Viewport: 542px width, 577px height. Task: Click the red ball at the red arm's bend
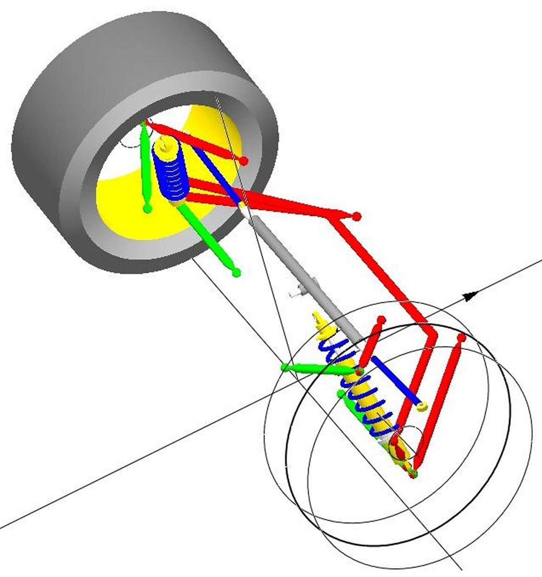pos(357,216)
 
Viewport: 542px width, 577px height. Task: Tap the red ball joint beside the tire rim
pos(244,161)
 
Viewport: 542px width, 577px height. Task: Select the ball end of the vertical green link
pos(147,209)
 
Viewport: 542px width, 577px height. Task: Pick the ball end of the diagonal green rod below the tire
pos(236,272)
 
